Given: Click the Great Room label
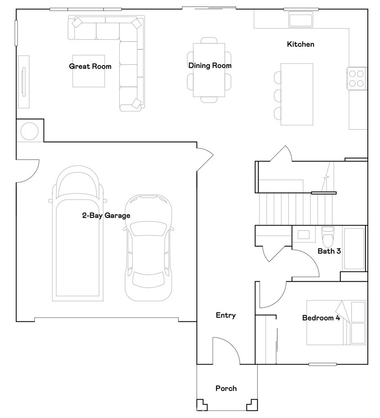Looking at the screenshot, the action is pos(90,66).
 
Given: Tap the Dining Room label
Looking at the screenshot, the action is pos(210,65).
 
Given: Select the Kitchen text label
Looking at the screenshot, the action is pos(300,44).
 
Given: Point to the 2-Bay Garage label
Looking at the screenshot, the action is pos(106,215).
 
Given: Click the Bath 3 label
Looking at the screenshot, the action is pos(329,251).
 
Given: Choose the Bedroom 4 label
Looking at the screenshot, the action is pos(321,318).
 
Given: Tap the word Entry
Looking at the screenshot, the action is pos(226,316).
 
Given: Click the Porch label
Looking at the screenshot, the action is pos(226,388).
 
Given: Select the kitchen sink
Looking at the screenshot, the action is pos(301,20).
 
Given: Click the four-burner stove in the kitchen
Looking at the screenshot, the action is pos(357,79).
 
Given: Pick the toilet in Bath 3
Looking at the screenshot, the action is pos(328,237).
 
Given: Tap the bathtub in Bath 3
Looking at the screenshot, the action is pos(354,249).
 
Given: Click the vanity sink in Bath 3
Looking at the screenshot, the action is pos(303,235).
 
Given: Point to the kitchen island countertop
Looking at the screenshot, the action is pos(297,94).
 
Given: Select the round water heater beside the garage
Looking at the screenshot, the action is pos(29,131).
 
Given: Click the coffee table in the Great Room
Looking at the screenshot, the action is pos(89,71).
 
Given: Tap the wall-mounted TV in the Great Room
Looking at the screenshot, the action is pos(23,81).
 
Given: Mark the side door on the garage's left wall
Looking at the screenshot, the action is pos(28,171).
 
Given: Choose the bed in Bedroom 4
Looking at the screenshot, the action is pos(336,323).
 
